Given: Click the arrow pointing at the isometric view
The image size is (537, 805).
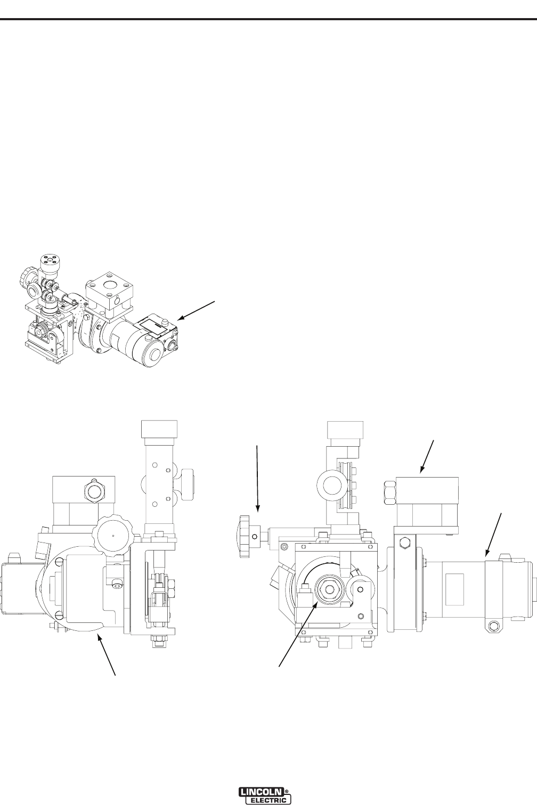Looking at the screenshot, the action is click(197, 310).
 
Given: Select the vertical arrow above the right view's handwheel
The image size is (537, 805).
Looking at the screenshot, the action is click(257, 478).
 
